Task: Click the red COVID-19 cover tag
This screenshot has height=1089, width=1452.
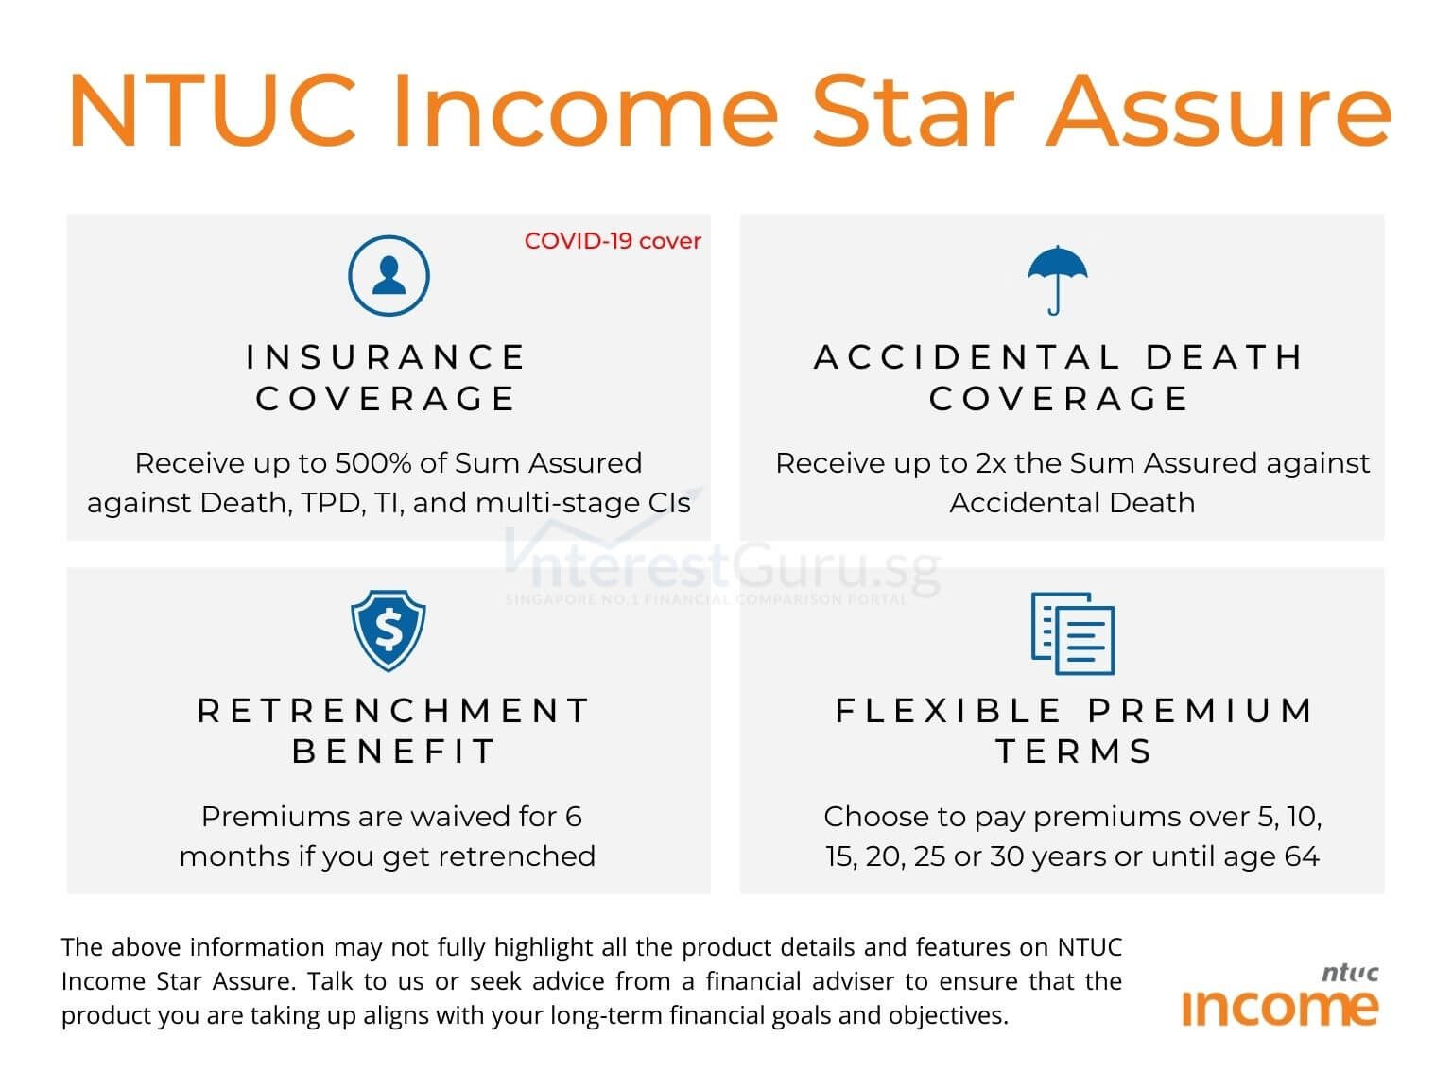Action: (x=613, y=241)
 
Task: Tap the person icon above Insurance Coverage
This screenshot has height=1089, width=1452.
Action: (x=389, y=276)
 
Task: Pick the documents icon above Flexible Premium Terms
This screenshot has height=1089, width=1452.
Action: (x=1072, y=632)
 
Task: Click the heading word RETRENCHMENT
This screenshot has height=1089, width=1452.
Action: (x=393, y=711)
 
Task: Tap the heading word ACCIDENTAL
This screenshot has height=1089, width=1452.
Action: (x=967, y=357)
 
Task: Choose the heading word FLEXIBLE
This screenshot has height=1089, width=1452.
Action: (x=948, y=711)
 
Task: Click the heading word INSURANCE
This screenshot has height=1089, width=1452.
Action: (x=386, y=357)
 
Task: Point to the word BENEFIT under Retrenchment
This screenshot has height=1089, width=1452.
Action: (x=393, y=752)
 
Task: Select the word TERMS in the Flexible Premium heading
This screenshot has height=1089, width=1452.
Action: (x=1074, y=752)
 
